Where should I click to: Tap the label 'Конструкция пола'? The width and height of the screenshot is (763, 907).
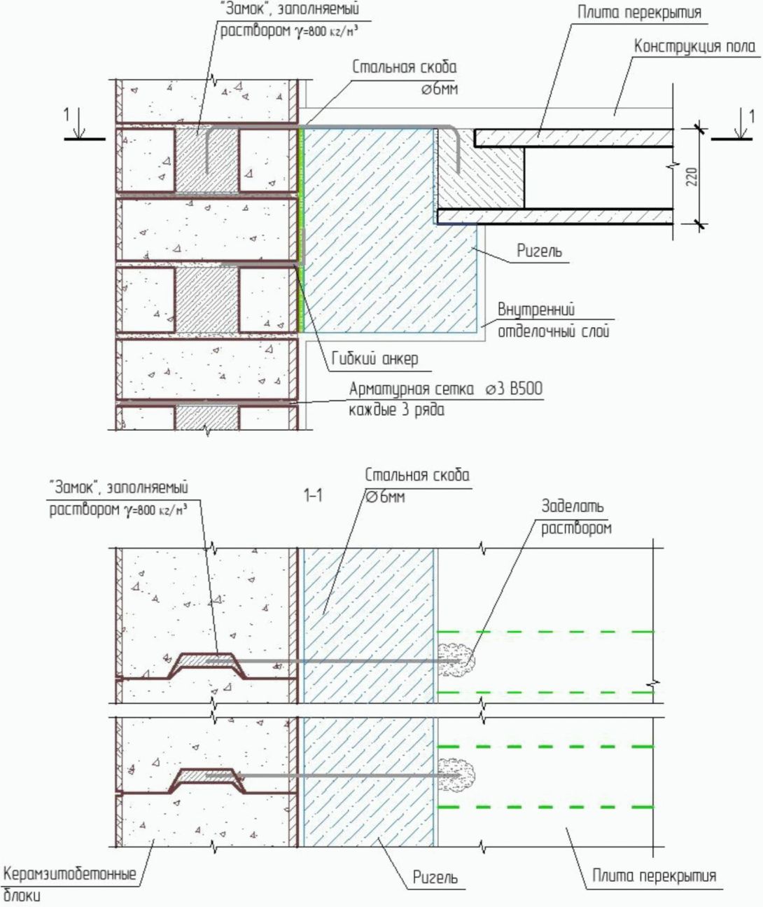pyautogui.click(x=694, y=47)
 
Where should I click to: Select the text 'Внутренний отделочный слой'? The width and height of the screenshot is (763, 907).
pyautogui.click(x=552, y=320)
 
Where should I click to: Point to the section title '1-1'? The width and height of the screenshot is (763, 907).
pyautogui.click(x=313, y=496)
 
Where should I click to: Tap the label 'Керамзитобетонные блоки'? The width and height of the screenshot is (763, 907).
pyautogui.click(x=69, y=884)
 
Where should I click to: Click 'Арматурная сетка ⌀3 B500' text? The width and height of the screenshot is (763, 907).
pyautogui.click(x=445, y=389)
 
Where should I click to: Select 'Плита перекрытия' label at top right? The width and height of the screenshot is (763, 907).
pyautogui.click(x=638, y=12)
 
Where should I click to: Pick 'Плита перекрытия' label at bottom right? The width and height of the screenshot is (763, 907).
pyautogui.click(x=654, y=875)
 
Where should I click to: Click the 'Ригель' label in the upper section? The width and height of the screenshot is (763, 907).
pyautogui.click(x=539, y=250)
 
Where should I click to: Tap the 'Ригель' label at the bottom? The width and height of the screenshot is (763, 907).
pyautogui.click(x=435, y=878)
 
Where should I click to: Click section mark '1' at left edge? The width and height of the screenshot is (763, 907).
pyautogui.click(x=68, y=115)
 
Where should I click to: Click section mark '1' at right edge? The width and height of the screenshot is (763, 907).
pyautogui.click(x=752, y=116)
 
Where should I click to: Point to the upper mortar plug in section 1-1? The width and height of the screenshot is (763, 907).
pyautogui.click(x=457, y=658)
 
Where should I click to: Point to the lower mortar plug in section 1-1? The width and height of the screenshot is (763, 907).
pyautogui.click(x=457, y=775)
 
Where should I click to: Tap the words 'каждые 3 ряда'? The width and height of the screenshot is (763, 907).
pyautogui.click(x=396, y=410)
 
